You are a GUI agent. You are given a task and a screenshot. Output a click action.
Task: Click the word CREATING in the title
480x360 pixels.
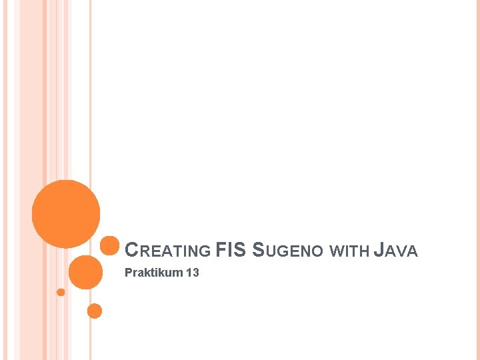[x=168, y=251]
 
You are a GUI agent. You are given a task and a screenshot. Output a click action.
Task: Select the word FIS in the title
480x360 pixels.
[x=231, y=250]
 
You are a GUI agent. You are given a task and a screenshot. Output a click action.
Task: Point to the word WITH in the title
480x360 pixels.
[x=349, y=251]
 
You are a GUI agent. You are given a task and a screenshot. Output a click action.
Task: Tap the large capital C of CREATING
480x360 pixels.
[x=131, y=251]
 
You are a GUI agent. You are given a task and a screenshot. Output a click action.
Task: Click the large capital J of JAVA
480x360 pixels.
[x=379, y=251]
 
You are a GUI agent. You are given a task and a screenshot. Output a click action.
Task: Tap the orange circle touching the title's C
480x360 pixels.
[x=109, y=246]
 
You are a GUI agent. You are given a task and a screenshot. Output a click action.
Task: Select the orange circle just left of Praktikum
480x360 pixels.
[x=85, y=272]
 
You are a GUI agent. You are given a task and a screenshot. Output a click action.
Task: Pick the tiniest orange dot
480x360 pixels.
[x=61, y=292]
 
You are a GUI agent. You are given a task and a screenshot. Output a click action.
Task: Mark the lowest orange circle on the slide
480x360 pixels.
[x=95, y=311]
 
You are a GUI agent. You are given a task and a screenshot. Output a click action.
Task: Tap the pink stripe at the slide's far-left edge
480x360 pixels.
[x=3, y=180]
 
